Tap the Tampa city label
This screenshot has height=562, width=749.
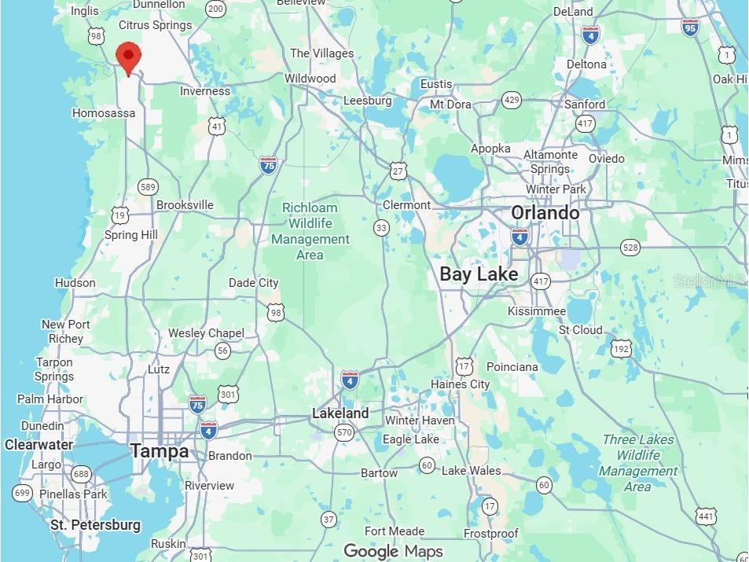(160, 451)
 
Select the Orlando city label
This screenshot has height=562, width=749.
(545, 213)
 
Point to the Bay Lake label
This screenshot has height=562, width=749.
(479, 274)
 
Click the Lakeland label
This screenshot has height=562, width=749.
(340, 413)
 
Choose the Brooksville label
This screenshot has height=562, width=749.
(185, 205)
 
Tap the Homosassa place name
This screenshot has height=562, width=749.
(104, 113)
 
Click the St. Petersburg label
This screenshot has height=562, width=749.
(95, 524)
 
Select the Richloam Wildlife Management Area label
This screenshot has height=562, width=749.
(310, 231)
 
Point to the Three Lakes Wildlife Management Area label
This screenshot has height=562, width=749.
(638, 463)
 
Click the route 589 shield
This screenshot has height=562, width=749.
(148, 187)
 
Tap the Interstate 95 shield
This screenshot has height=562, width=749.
(690, 28)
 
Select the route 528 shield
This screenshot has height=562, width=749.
(630, 248)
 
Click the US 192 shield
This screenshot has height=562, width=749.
(622, 348)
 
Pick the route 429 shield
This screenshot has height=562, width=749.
(512, 100)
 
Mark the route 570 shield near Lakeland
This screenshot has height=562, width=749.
(344, 432)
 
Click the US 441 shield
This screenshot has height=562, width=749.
(707, 516)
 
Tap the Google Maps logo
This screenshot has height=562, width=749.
(393, 551)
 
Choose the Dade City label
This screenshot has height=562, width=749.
(253, 283)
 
